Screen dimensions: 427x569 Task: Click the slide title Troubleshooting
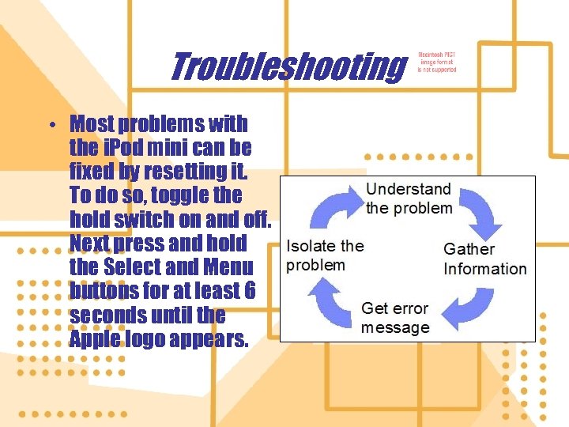286,66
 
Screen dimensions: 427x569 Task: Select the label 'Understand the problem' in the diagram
409,198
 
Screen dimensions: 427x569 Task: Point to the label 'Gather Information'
484,259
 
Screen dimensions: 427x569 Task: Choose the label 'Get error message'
395,318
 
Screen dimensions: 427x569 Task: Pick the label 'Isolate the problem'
325,255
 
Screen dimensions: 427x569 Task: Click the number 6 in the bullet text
249,291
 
